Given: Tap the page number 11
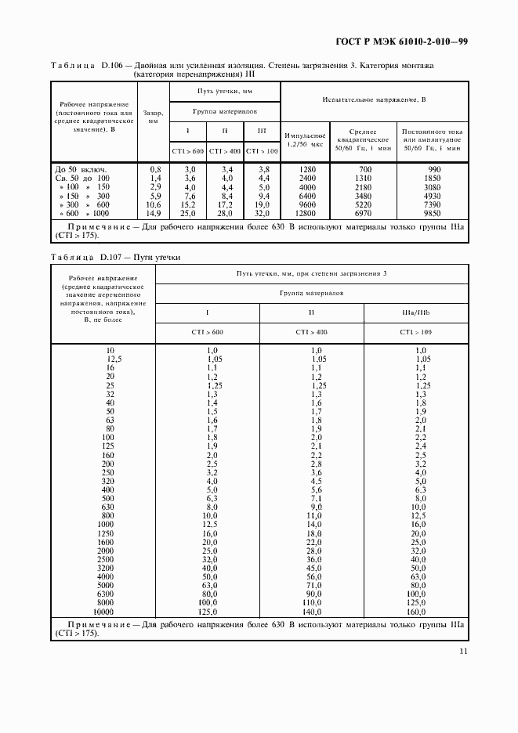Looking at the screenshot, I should pyautogui.click(x=464, y=651).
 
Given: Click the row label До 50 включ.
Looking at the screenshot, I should pyautogui.click(x=81, y=168).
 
